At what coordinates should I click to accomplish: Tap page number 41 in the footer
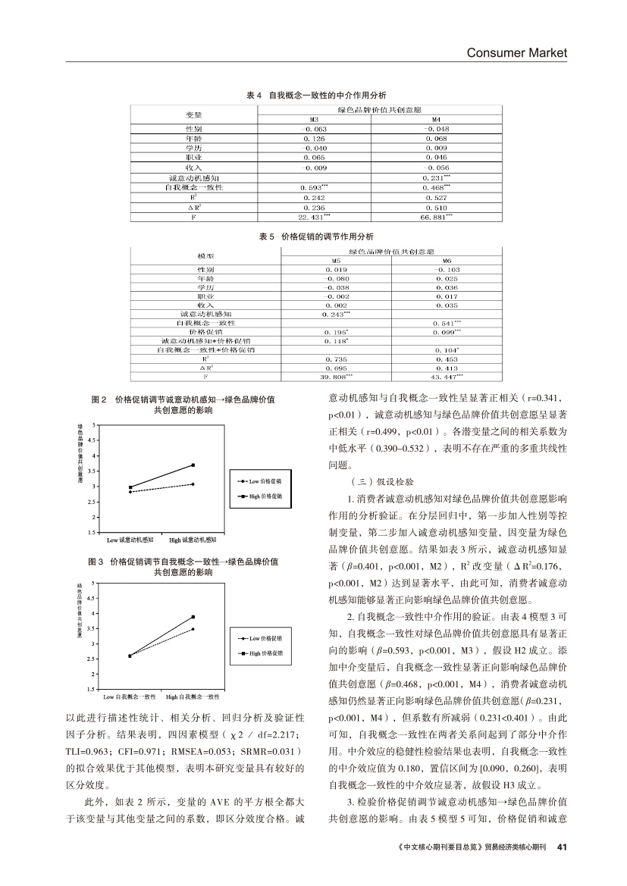(562, 847)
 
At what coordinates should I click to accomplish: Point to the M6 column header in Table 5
(447, 259)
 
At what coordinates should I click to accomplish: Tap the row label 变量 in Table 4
(193, 114)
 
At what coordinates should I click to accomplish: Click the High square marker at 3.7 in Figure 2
(193, 465)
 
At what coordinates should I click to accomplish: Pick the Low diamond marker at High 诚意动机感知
(193, 484)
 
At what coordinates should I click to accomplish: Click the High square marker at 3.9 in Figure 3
(193, 617)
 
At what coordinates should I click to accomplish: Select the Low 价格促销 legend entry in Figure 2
(260, 481)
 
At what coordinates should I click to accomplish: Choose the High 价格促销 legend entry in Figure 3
(260, 653)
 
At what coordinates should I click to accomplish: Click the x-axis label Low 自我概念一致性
(130, 696)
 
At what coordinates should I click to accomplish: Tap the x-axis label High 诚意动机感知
(193, 540)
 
